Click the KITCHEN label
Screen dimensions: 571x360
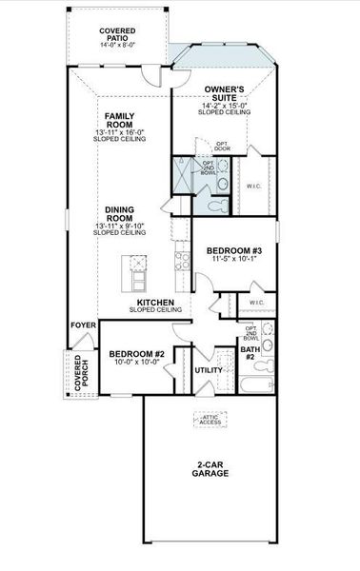point(154,302)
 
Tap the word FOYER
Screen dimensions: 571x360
point(83,325)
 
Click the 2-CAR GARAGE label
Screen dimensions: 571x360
point(209,468)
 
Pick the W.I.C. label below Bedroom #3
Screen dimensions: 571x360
point(257,303)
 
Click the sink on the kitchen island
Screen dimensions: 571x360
point(137,266)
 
